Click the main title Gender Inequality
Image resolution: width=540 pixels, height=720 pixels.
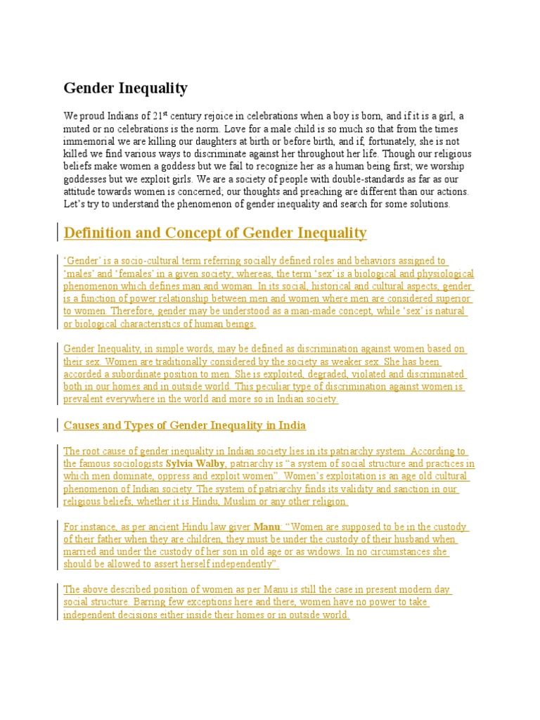(126, 89)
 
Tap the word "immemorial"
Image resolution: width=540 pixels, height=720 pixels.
(89, 141)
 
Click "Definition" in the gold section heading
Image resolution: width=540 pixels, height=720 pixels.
(98, 233)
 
